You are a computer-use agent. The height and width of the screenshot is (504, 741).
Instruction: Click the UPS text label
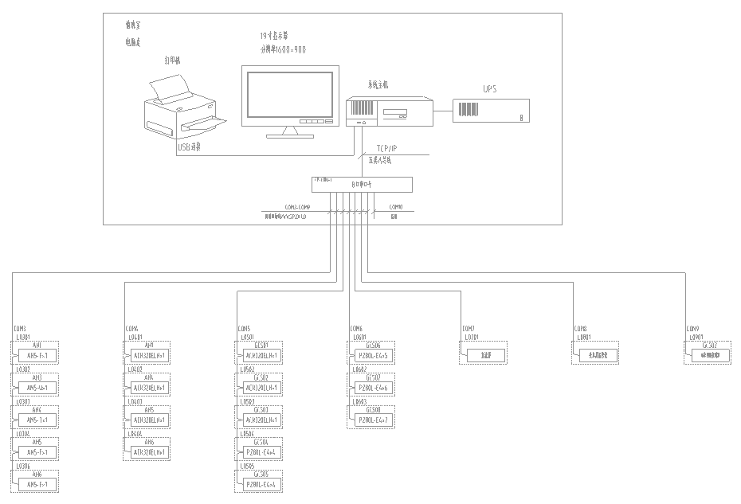[489, 89]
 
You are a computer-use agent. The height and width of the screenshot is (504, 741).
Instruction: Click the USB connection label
[189, 147]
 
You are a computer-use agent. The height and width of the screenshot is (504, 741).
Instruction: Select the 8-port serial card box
[362, 184]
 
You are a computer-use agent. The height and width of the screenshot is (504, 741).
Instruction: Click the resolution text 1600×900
[283, 49]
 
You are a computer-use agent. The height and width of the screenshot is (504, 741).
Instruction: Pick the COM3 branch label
[19, 328]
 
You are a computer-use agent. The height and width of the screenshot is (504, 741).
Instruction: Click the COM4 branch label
[131, 328]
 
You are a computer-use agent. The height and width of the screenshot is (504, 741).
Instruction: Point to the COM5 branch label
[244, 328]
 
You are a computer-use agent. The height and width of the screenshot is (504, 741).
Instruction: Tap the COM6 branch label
[356, 328]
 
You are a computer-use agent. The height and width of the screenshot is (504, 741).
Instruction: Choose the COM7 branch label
[469, 328]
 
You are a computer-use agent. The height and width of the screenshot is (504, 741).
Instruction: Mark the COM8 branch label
[581, 328]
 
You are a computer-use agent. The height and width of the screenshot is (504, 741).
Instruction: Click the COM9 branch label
[693, 328]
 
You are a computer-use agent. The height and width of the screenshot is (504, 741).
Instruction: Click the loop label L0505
[246, 467]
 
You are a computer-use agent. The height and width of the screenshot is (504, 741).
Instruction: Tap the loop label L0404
[134, 434]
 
